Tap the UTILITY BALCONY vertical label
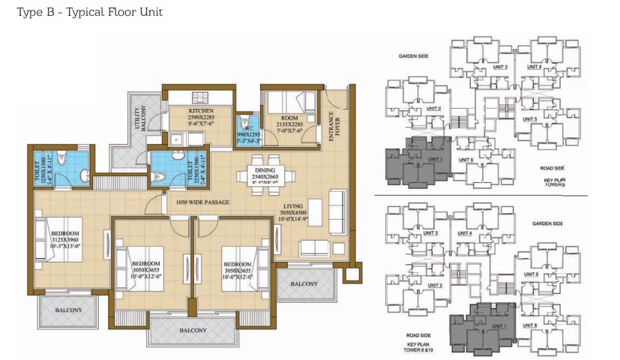click(142, 117)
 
